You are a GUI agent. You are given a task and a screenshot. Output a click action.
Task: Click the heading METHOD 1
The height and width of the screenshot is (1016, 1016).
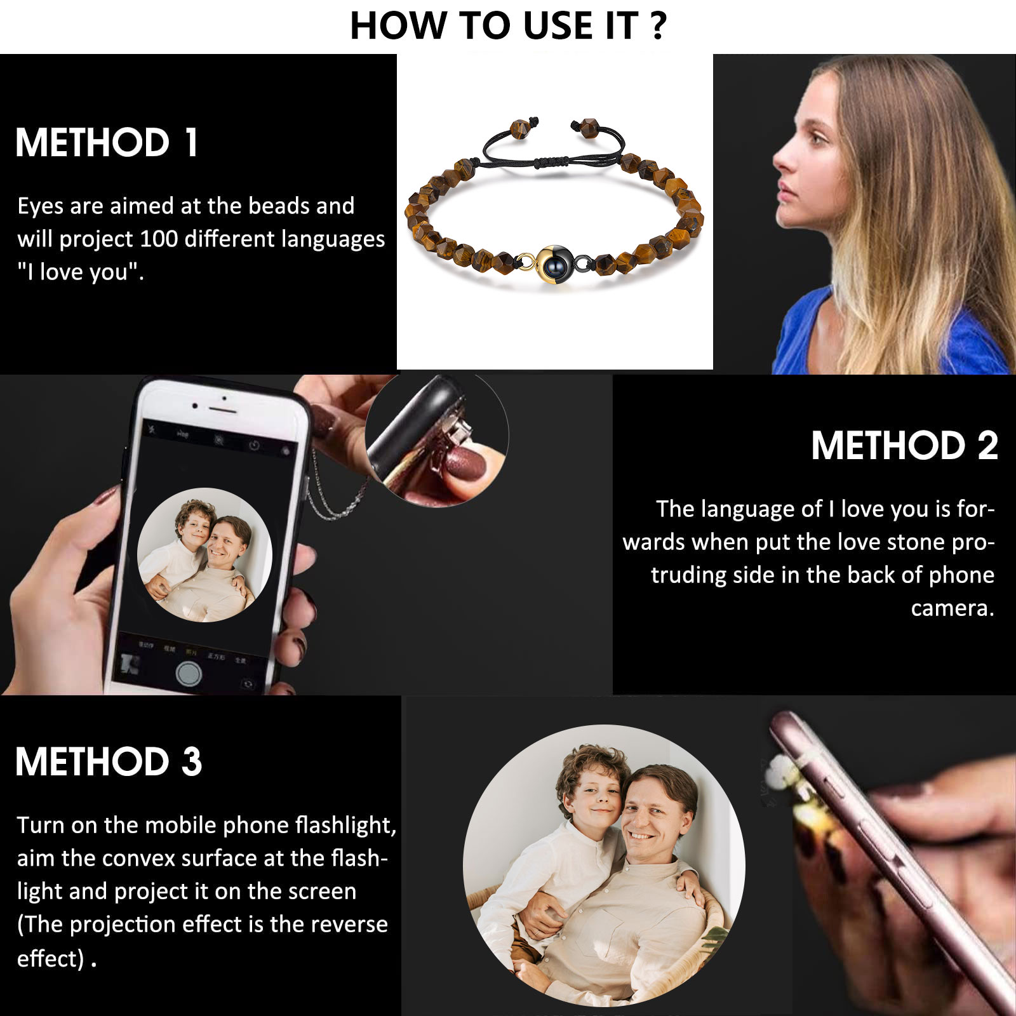[107, 142]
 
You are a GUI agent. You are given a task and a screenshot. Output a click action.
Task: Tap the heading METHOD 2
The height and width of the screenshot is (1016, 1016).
[904, 445]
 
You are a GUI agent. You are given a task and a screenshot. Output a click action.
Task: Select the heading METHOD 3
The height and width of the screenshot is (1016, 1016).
[109, 761]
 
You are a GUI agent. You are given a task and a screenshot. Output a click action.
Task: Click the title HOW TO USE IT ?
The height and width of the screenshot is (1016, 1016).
[508, 26]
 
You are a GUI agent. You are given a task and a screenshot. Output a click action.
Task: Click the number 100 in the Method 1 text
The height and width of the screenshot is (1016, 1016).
[158, 239]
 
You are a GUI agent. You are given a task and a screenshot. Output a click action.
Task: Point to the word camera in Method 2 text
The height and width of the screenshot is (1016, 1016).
[952, 608]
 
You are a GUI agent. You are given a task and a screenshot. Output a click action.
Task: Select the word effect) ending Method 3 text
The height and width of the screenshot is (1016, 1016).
[50, 958]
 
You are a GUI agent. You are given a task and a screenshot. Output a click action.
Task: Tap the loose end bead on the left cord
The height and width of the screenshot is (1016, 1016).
[521, 129]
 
